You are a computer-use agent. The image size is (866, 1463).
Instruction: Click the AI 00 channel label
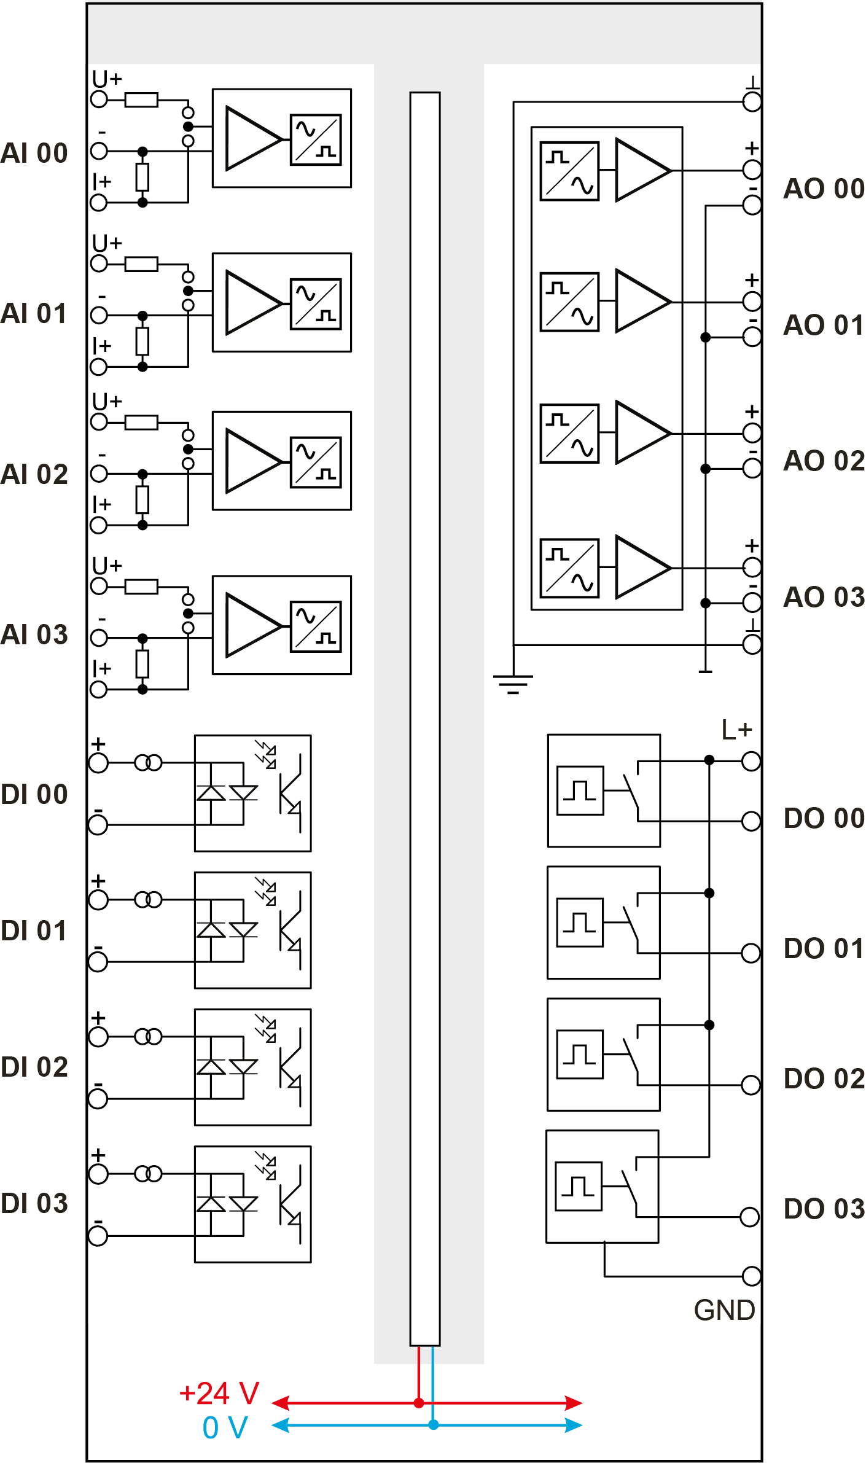[34, 154]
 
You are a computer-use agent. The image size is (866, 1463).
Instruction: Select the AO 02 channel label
[824, 461]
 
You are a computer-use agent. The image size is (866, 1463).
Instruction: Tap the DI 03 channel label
[34, 1204]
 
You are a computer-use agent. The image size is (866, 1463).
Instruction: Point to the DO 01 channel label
[824, 949]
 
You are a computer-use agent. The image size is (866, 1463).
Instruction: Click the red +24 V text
[219, 1394]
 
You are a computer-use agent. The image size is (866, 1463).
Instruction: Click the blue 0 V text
[225, 1427]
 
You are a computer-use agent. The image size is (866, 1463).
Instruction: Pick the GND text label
[724, 1310]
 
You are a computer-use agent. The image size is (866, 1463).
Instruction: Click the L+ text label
[736, 730]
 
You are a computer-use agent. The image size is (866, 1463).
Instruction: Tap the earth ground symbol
[513, 684]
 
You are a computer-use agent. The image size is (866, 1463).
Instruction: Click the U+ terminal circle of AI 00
[99, 99]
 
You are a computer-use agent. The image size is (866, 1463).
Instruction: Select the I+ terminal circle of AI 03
[99, 690]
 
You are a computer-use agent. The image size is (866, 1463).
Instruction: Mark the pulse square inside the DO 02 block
[580, 1055]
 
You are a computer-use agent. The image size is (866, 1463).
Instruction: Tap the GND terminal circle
[751, 1276]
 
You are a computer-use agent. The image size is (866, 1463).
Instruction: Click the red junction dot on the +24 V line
[419, 1403]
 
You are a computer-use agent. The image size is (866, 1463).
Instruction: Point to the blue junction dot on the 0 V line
[434, 1424]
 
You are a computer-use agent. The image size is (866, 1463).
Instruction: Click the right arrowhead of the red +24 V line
[574, 1403]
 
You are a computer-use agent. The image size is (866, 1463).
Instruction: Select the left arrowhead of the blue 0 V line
[280, 1424]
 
